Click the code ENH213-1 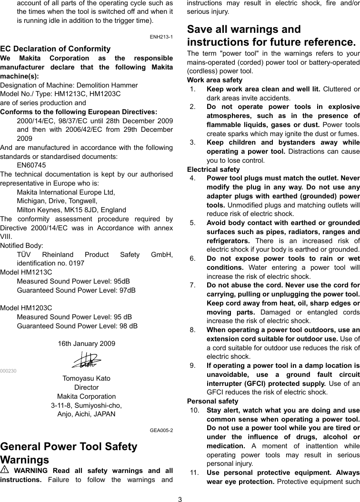pos(161,37)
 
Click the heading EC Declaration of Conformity pos(55,49)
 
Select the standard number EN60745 pos(31,165)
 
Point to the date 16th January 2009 pos(86,344)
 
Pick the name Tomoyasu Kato pos(86,378)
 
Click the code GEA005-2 pos(161,430)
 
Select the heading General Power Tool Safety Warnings pos(69,453)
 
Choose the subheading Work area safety pos(214,80)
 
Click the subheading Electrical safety pos(213,169)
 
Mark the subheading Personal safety pos(212,401)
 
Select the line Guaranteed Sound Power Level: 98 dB pos(77,326)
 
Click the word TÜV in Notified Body pos(25,254)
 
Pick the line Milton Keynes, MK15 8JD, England pos(71,210)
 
